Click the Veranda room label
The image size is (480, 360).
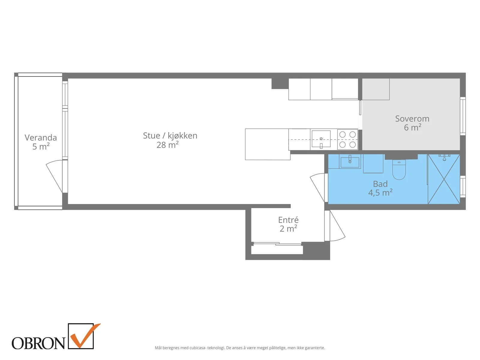pos(41,137)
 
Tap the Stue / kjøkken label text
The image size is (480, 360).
pos(170,136)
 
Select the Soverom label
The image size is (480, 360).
pos(412,119)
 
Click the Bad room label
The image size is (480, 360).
pos(380,184)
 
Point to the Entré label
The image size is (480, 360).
pos(288,220)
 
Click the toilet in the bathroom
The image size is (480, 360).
pos(399,169)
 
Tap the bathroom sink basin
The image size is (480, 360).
pos(350,162)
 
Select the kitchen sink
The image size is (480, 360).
pos(321,139)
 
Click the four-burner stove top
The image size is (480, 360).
pos(347,139)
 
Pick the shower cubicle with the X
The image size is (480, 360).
pos(444,179)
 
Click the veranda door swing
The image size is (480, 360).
pos(54,176)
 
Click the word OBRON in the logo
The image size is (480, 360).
pos(38,343)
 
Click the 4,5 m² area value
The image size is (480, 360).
pos(380,193)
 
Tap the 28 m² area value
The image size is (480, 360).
pos(167,145)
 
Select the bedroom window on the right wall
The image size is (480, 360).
pos(463,116)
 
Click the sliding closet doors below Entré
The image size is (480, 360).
pos(277,244)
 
